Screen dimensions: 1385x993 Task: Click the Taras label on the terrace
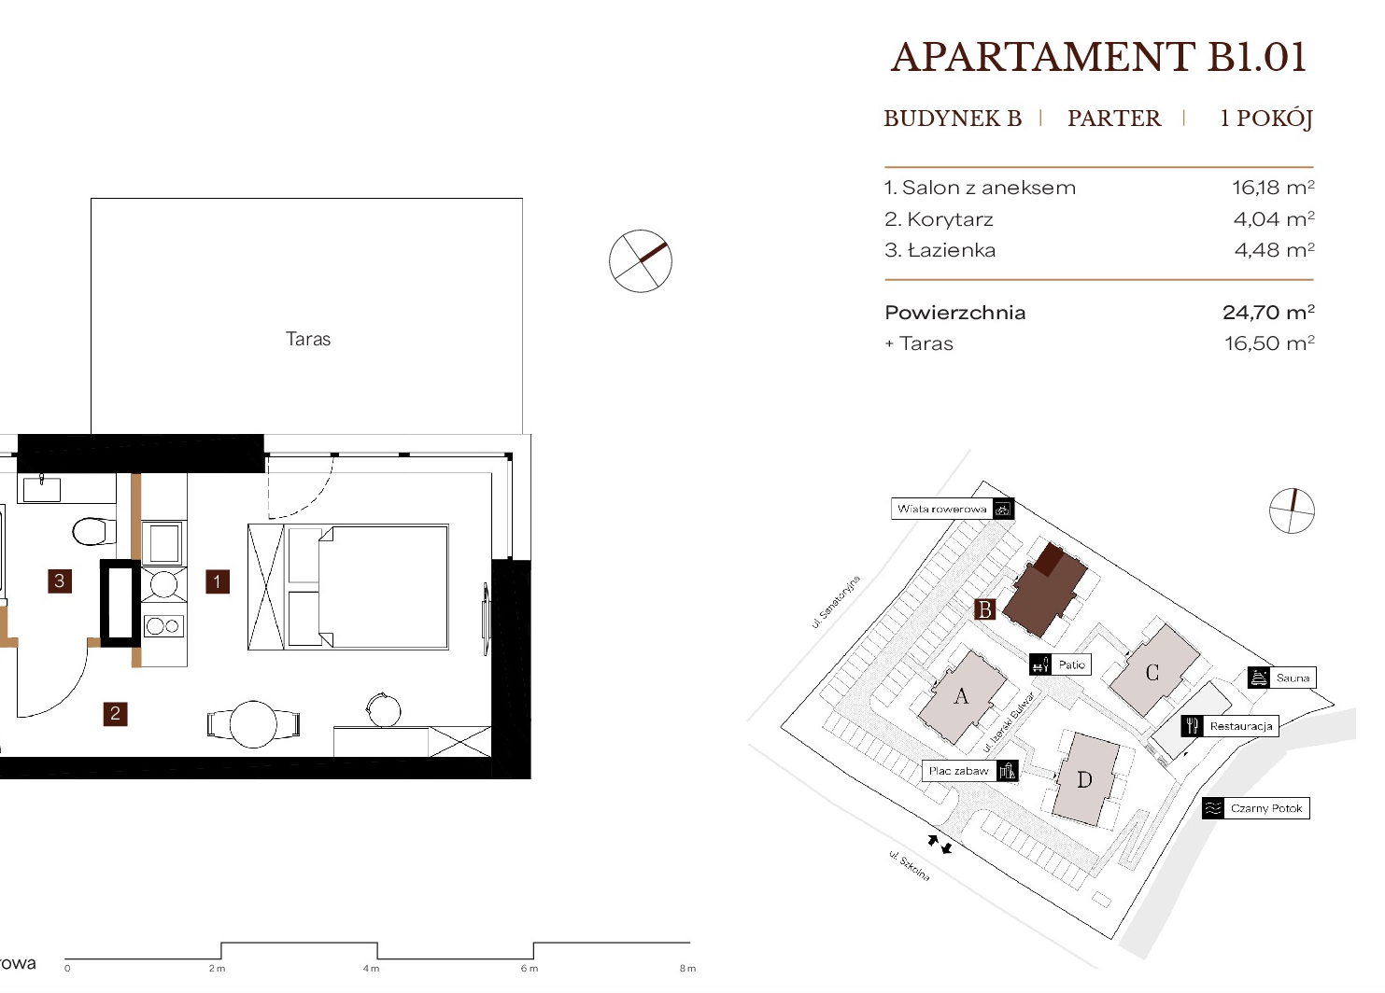[x=308, y=339]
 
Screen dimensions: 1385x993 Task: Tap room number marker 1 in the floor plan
[x=217, y=581]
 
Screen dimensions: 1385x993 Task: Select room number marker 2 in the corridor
[x=115, y=714]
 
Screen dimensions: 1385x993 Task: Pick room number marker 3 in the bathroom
[x=60, y=580]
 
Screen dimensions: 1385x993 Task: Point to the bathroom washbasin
[x=41, y=489]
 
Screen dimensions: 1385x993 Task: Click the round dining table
[x=253, y=723]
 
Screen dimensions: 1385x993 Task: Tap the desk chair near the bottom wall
[x=383, y=709]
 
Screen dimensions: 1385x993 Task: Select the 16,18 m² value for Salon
[x=1273, y=188]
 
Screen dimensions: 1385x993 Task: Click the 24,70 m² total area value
[x=1268, y=312]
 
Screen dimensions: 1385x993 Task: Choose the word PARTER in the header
[x=1114, y=118]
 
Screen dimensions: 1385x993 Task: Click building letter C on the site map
[x=1152, y=672]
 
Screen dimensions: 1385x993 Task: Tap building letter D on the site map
[x=1084, y=780]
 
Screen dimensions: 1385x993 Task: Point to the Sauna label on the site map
[x=1293, y=678]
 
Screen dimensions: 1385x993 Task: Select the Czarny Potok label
[x=1266, y=808]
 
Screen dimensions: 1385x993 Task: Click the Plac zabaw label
[x=959, y=771]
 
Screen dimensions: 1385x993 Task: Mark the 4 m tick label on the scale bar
[x=371, y=969]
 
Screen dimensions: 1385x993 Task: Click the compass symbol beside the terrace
[x=641, y=260]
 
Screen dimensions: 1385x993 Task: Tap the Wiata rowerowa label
[x=941, y=509]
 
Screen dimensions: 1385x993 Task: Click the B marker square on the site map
[x=985, y=609]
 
